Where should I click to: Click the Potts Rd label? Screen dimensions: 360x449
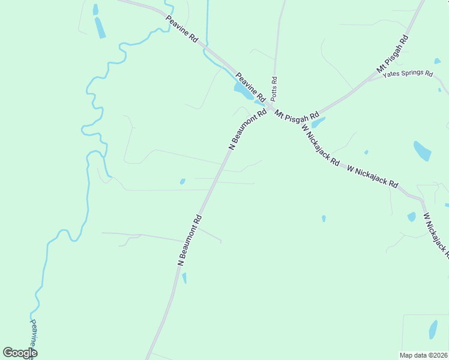274,88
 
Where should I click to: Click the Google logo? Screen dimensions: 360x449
20,353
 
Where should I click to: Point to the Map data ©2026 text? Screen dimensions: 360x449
423,355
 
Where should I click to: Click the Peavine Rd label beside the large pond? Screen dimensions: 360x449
250,86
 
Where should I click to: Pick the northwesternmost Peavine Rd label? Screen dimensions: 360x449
182,29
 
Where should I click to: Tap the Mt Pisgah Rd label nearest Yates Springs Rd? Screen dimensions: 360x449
393,55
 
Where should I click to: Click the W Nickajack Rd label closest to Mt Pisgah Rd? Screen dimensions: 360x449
321,145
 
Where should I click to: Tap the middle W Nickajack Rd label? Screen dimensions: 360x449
373,176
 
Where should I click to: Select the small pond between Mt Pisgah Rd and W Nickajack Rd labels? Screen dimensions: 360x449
318,122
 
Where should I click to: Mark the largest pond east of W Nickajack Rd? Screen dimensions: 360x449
422,151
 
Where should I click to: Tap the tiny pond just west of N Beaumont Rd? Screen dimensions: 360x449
182,181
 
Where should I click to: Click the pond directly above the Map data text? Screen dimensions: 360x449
433,329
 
